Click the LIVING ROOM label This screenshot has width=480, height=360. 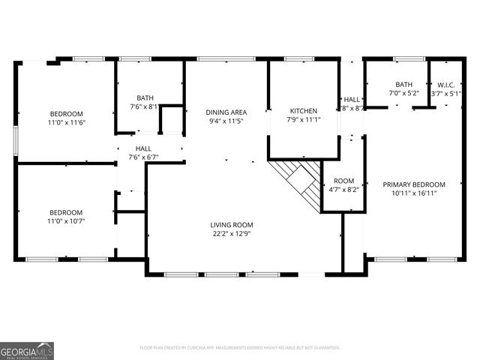coord(231,224)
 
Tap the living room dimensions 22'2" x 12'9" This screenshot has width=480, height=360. coord(231,234)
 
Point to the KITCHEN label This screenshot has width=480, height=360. coord(302,110)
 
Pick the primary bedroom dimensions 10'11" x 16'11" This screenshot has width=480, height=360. coord(414,193)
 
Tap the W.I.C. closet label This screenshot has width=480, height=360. coord(447,85)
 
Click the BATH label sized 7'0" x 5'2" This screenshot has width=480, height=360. coord(404,85)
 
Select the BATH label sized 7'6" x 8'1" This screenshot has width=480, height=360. coord(145,97)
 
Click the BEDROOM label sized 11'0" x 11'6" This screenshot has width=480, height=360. coord(66,113)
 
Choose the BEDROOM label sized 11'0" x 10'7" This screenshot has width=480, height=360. coord(66,211)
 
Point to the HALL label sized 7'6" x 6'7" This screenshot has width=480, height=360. coord(143,148)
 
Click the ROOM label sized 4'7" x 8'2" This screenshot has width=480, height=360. coord(343,181)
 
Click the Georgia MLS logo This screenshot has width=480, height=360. coord(27,351)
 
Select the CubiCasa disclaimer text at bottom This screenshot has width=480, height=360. coord(240,348)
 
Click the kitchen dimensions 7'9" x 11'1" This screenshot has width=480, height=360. coord(302,120)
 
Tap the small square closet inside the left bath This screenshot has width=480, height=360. coord(173,120)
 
